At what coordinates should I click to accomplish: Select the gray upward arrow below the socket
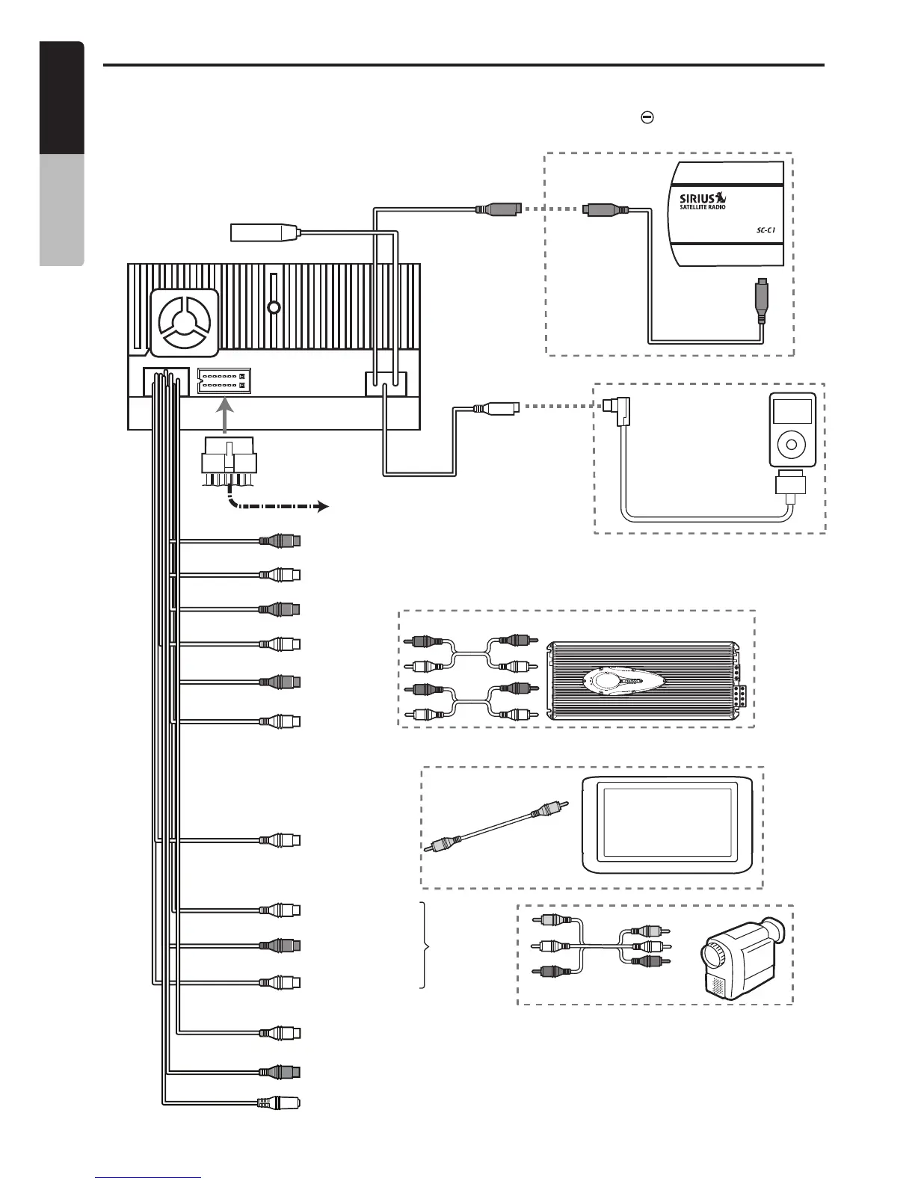(224, 417)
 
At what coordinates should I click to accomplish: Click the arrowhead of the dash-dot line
(323, 506)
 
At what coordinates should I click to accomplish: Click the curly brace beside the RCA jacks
(427, 946)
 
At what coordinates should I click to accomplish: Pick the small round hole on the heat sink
(274, 307)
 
